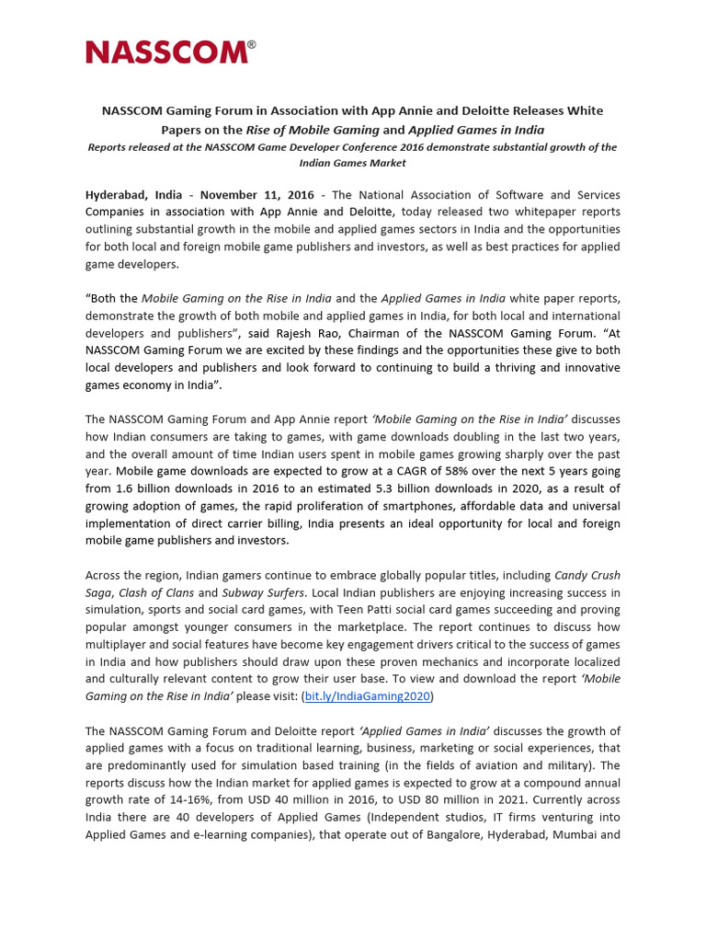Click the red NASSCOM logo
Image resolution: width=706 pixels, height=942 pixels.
click(166, 52)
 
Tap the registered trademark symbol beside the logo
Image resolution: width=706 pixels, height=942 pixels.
click(252, 43)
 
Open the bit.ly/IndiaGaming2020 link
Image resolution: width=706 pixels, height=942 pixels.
click(367, 696)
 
